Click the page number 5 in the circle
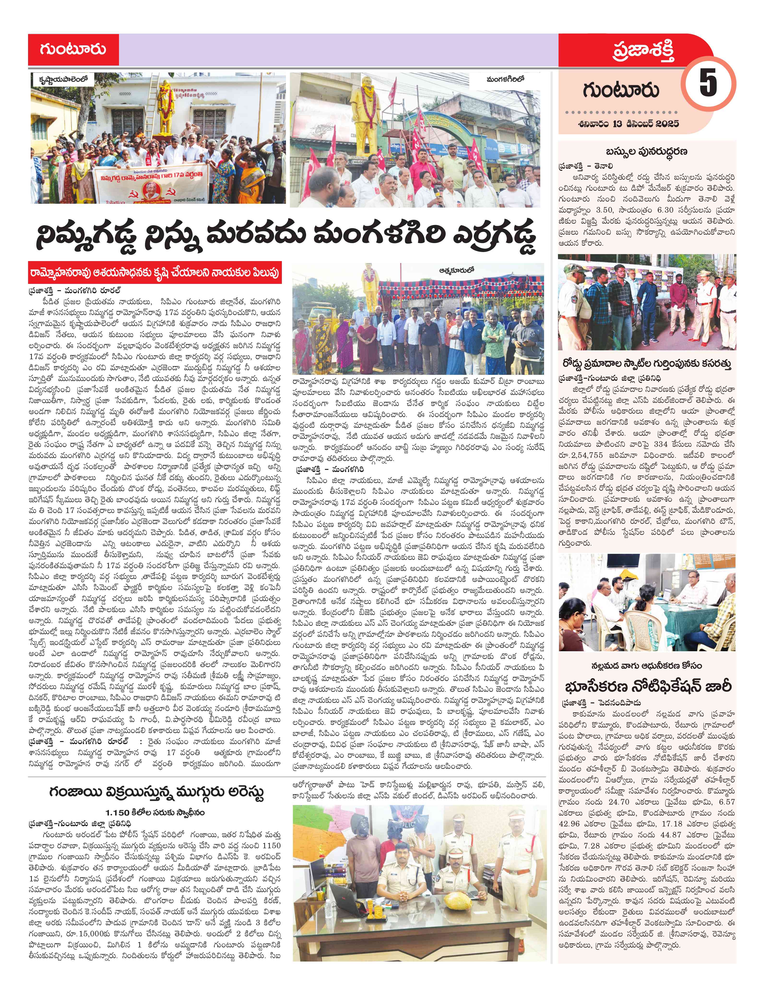click(x=708, y=83)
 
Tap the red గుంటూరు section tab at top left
click(x=73, y=49)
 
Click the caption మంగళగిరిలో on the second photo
click(x=505, y=78)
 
